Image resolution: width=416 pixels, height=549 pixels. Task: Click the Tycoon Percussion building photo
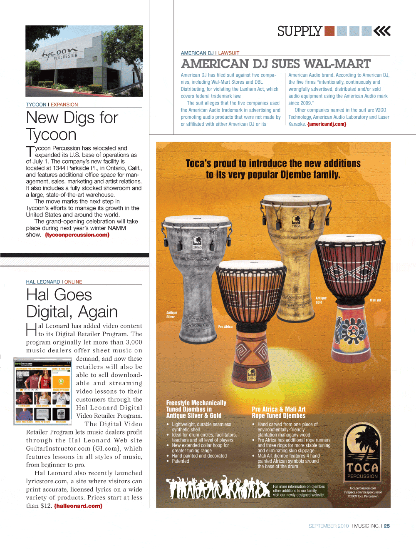click(x=84, y=61)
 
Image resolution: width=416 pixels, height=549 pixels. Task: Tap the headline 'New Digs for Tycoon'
click(x=72, y=126)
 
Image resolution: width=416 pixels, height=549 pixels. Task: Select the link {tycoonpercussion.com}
click(x=77, y=235)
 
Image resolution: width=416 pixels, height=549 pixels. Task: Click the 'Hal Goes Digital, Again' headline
click(x=72, y=303)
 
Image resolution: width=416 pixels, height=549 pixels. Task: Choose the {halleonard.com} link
click(x=78, y=506)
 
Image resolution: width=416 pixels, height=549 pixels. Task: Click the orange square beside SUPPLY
click(x=329, y=31)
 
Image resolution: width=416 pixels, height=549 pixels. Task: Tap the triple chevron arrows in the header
click(x=382, y=31)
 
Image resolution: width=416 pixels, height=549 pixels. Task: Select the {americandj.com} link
click(x=327, y=124)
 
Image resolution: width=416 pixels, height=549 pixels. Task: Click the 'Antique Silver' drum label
click(x=171, y=314)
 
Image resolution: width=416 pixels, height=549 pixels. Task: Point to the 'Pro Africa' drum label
click(x=225, y=327)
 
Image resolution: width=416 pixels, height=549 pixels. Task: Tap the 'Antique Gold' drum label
click(x=321, y=300)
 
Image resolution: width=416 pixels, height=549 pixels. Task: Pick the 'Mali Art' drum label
click(x=375, y=300)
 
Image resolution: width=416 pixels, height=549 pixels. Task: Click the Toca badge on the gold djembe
click(x=296, y=221)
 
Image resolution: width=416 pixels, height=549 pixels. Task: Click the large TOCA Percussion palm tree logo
click(x=362, y=452)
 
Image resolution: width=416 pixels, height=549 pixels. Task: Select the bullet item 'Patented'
click(x=181, y=461)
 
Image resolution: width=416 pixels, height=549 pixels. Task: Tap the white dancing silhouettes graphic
click(x=217, y=488)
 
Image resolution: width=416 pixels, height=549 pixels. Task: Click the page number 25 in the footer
click(x=387, y=526)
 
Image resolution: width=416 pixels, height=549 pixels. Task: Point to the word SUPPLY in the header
click(x=300, y=31)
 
